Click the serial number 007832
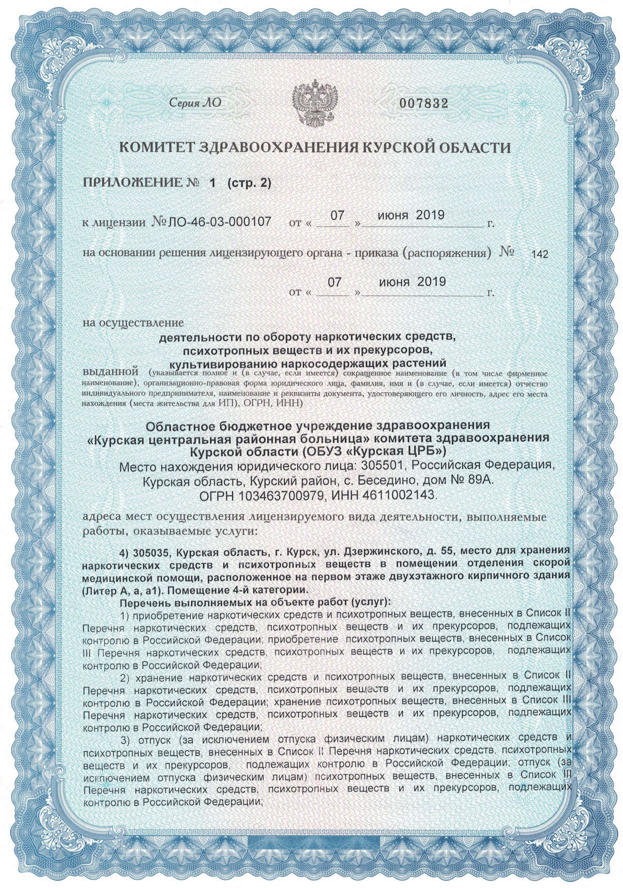pos(422,103)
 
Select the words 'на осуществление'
pos(133,323)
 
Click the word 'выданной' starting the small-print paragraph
pos(110,372)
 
